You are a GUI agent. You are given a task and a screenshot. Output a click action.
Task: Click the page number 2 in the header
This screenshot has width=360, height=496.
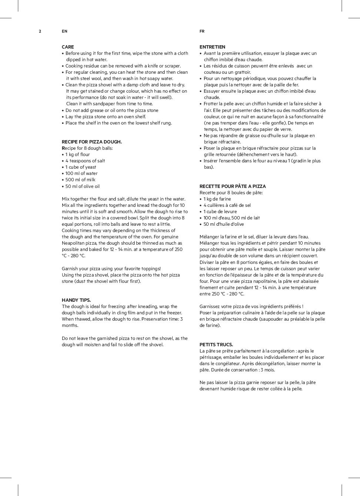pos(40,31)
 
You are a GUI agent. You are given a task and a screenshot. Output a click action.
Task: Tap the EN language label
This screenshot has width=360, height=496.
pos(64,31)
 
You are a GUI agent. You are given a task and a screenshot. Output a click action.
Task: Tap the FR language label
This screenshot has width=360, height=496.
pos(202,31)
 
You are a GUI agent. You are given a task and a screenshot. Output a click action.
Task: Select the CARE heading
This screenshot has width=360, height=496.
pos(68,47)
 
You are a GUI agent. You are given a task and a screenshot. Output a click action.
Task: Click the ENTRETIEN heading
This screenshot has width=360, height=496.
pos(212,47)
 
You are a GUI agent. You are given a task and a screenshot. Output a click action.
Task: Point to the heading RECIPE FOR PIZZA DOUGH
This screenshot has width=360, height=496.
pos(91,142)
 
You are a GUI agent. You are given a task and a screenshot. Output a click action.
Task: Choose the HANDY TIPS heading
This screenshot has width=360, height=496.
pos(76,300)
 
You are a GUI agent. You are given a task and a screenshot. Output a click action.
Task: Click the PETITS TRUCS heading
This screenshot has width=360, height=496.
pos(216,345)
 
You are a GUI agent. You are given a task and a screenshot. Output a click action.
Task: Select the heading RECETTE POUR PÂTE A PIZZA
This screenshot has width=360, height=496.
pos(233,186)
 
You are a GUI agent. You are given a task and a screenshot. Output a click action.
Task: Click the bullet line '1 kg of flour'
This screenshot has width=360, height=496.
pos(77,155)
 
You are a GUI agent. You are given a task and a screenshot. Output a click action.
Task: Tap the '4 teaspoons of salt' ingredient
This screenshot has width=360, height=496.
pos(85,161)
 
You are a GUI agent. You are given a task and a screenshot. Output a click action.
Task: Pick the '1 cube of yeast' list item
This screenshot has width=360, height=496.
pos(81,167)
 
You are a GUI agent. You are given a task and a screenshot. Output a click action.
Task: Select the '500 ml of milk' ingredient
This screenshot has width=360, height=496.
pos(80,180)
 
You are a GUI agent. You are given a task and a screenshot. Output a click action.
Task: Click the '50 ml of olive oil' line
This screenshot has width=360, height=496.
pos(83,186)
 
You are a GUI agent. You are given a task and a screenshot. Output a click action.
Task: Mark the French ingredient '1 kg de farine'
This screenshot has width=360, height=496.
pos(217,199)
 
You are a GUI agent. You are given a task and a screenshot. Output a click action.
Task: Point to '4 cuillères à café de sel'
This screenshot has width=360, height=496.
pos(227,205)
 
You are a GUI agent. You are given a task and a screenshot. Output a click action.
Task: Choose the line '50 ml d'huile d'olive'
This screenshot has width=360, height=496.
pos(224,224)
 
